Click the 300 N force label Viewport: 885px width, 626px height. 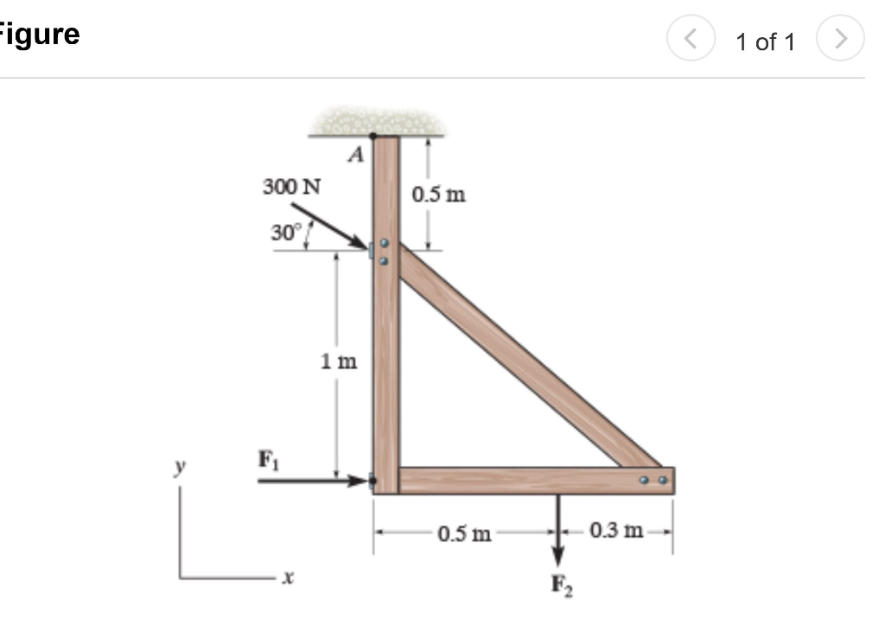(x=291, y=186)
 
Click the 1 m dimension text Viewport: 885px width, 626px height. (x=339, y=361)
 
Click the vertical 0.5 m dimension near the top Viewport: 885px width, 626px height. (x=439, y=194)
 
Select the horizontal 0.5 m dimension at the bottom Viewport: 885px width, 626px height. (x=464, y=532)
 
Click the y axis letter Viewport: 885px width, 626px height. (x=181, y=469)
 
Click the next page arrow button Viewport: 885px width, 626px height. (x=844, y=40)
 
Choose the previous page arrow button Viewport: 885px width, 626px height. (x=689, y=40)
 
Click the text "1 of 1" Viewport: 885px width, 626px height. (x=765, y=42)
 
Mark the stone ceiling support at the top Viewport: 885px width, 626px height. (x=376, y=122)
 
